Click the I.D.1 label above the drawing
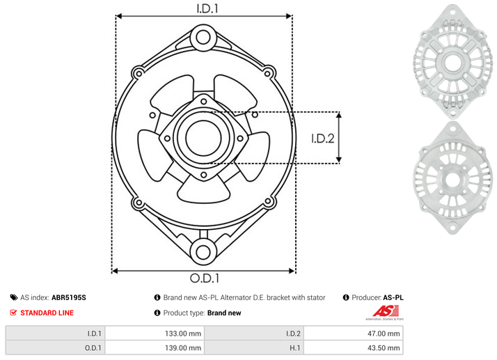(207, 8)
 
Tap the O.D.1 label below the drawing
(205, 278)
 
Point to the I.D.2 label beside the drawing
(323, 139)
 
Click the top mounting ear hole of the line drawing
(203, 38)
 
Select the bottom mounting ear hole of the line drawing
(203, 252)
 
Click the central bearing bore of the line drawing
(203, 138)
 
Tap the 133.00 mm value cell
(155, 334)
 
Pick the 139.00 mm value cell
(155, 347)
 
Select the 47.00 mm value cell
(353, 334)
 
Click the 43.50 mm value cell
(353, 347)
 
